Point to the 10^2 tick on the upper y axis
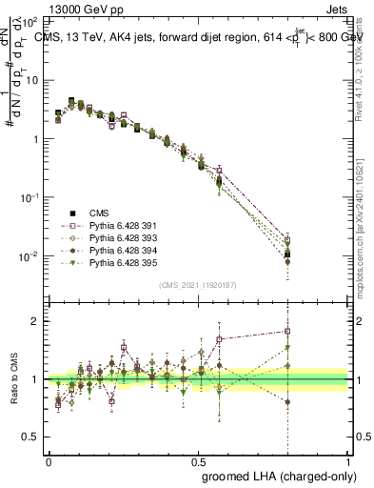[x=31, y=21]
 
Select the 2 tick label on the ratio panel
[x=38, y=321]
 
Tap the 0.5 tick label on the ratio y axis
[x=33, y=437]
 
